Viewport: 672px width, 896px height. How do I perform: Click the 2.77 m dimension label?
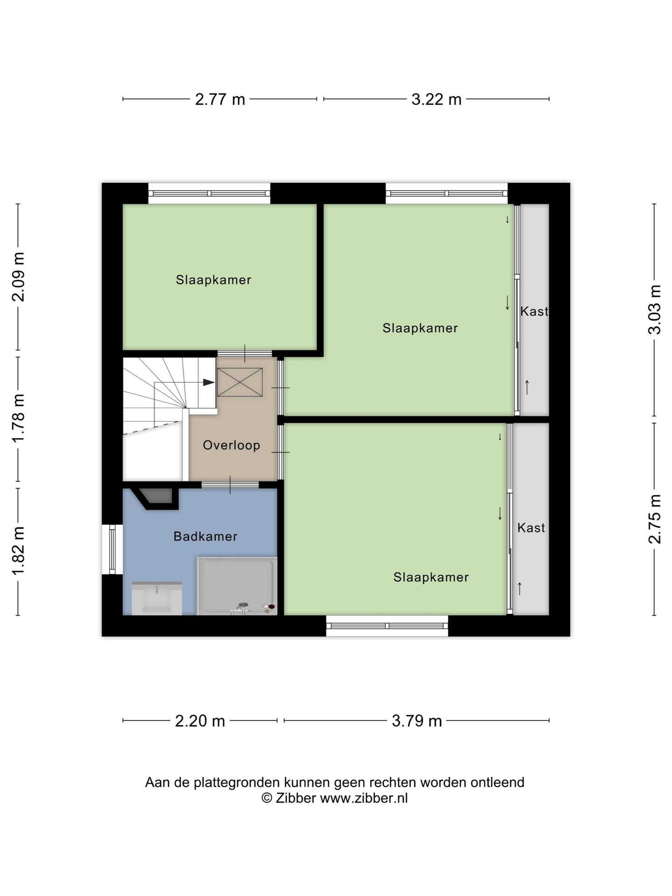[x=220, y=99]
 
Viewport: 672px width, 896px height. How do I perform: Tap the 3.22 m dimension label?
[x=436, y=99]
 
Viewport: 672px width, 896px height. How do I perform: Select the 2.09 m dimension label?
[x=18, y=277]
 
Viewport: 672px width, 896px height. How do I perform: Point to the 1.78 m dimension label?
[x=18, y=418]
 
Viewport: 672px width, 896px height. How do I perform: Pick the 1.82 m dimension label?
[x=18, y=557]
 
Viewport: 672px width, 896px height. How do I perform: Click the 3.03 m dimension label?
[x=655, y=309]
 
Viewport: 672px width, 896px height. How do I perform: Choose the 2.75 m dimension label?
[x=655, y=519]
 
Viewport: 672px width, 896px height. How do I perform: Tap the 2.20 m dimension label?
[x=200, y=721]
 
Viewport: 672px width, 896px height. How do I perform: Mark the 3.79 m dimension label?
[x=417, y=721]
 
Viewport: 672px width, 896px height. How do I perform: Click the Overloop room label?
[x=231, y=445]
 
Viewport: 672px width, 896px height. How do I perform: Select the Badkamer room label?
[x=205, y=537]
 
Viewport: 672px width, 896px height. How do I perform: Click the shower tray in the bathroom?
[x=237, y=586]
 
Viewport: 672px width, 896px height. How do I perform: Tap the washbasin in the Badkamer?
[x=157, y=598]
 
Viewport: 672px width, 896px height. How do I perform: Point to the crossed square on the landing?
[x=240, y=382]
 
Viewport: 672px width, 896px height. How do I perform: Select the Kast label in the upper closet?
[x=534, y=311]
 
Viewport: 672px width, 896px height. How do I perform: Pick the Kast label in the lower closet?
[x=531, y=528]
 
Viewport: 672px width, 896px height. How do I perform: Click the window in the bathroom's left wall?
[x=112, y=549]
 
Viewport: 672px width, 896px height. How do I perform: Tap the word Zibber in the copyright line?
[x=296, y=798]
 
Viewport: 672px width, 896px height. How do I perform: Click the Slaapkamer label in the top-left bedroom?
[x=214, y=280]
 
